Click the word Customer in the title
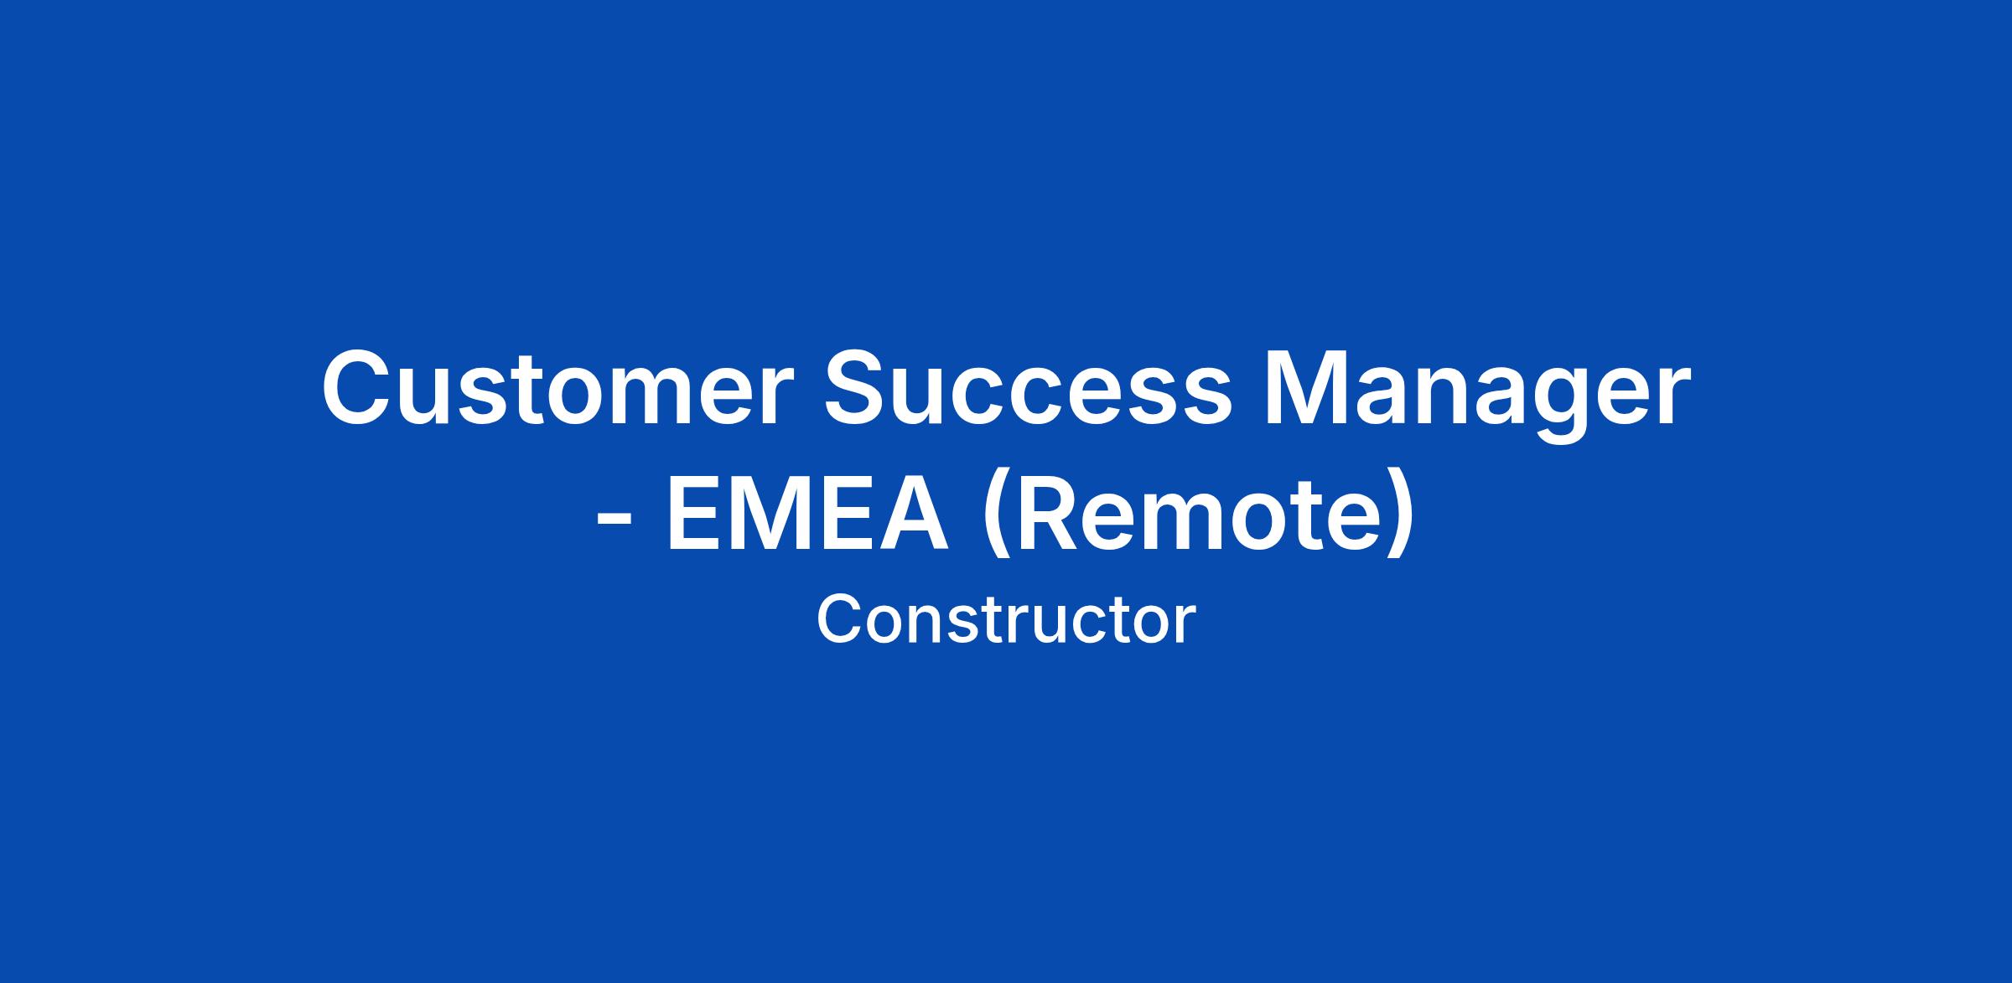click(557, 387)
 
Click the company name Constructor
click(1006, 620)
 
